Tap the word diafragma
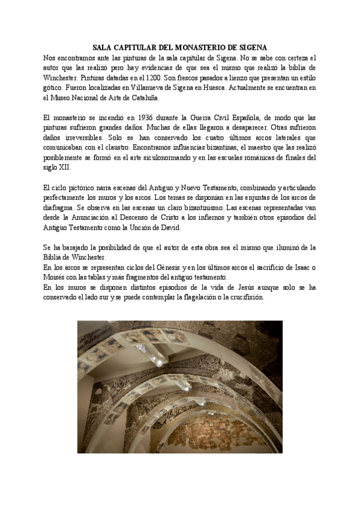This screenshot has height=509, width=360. coord(61,209)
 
